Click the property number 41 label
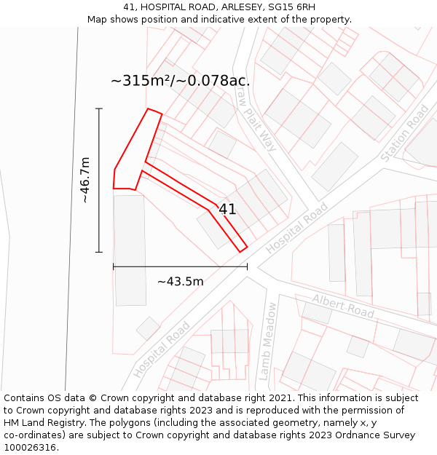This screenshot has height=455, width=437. pyautogui.click(x=227, y=210)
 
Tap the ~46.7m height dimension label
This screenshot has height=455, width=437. pyautogui.click(x=85, y=180)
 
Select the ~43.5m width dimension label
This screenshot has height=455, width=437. pyautogui.click(x=180, y=282)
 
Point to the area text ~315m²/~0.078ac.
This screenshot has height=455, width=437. pyautogui.click(x=180, y=81)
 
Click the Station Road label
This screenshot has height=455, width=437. pyautogui.click(x=405, y=133)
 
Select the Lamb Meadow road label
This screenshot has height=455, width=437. pyautogui.click(x=267, y=341)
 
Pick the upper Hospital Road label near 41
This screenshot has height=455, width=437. pyautogui.click(x=296, y=229)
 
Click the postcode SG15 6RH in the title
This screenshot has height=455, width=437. pyautogui.click(x=291, y=7)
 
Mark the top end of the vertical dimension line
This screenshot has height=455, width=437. pyautogui.click(x=99, y=108)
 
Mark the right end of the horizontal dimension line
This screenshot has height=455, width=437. pyautogui.click(x=248, y=266)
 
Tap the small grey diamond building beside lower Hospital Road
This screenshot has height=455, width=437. pyautogui.click(x=148, y=328)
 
